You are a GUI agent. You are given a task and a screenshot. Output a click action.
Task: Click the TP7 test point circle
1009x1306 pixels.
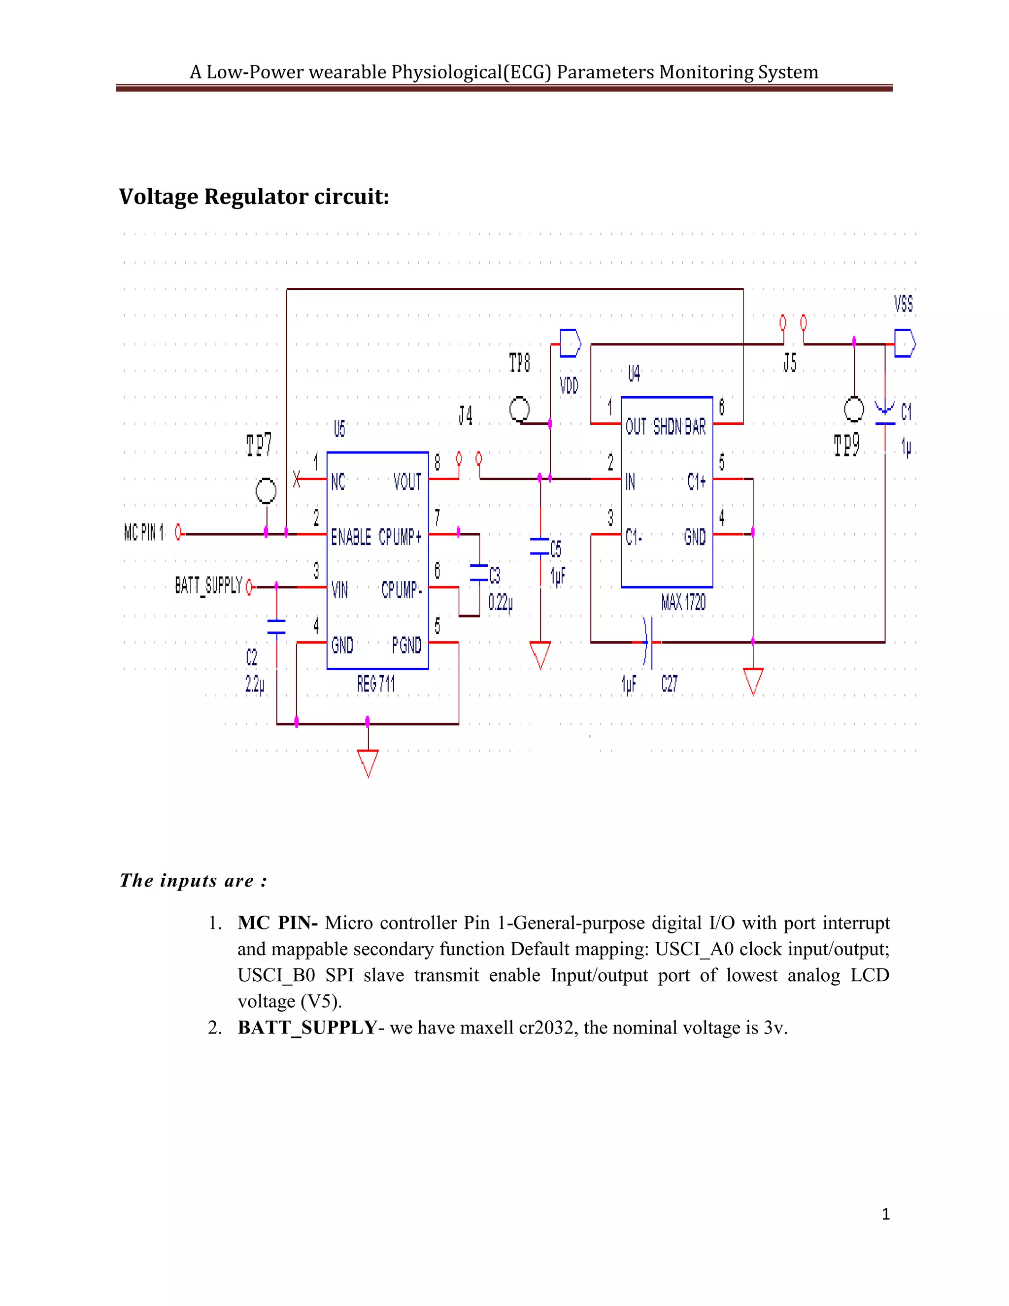click(266, 491)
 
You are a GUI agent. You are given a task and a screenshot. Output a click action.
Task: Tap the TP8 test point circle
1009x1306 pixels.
click(519, 410)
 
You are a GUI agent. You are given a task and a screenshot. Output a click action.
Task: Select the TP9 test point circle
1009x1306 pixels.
click(854, 410)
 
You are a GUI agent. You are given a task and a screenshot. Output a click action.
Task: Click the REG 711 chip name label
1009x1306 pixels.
click(376, 684)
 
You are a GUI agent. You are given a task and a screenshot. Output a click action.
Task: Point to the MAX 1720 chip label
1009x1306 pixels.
click(683, 602)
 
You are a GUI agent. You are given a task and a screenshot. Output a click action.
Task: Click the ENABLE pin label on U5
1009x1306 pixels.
click(351, 537)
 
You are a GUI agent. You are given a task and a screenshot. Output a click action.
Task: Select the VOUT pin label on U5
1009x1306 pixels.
click(407, 481)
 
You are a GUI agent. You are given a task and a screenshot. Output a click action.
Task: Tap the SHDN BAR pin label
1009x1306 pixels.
click(679, 426)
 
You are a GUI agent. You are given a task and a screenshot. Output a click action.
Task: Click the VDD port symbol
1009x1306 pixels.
click(570, 343)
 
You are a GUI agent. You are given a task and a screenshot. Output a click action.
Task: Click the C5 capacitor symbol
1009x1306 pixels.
click(540, 546)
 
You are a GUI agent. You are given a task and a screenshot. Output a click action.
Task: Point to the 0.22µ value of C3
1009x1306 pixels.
click(501, 602)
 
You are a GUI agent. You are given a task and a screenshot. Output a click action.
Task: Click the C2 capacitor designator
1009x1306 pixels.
click(252, 658)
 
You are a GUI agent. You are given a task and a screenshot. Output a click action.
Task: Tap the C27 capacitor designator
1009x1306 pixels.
click(669, 684)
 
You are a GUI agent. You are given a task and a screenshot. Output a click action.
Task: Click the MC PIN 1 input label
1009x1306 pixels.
click(143, 532)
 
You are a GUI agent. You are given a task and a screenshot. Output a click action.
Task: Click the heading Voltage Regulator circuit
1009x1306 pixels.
click(253, 197)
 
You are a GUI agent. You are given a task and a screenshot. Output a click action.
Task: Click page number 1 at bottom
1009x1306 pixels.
click(886, 1214)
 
